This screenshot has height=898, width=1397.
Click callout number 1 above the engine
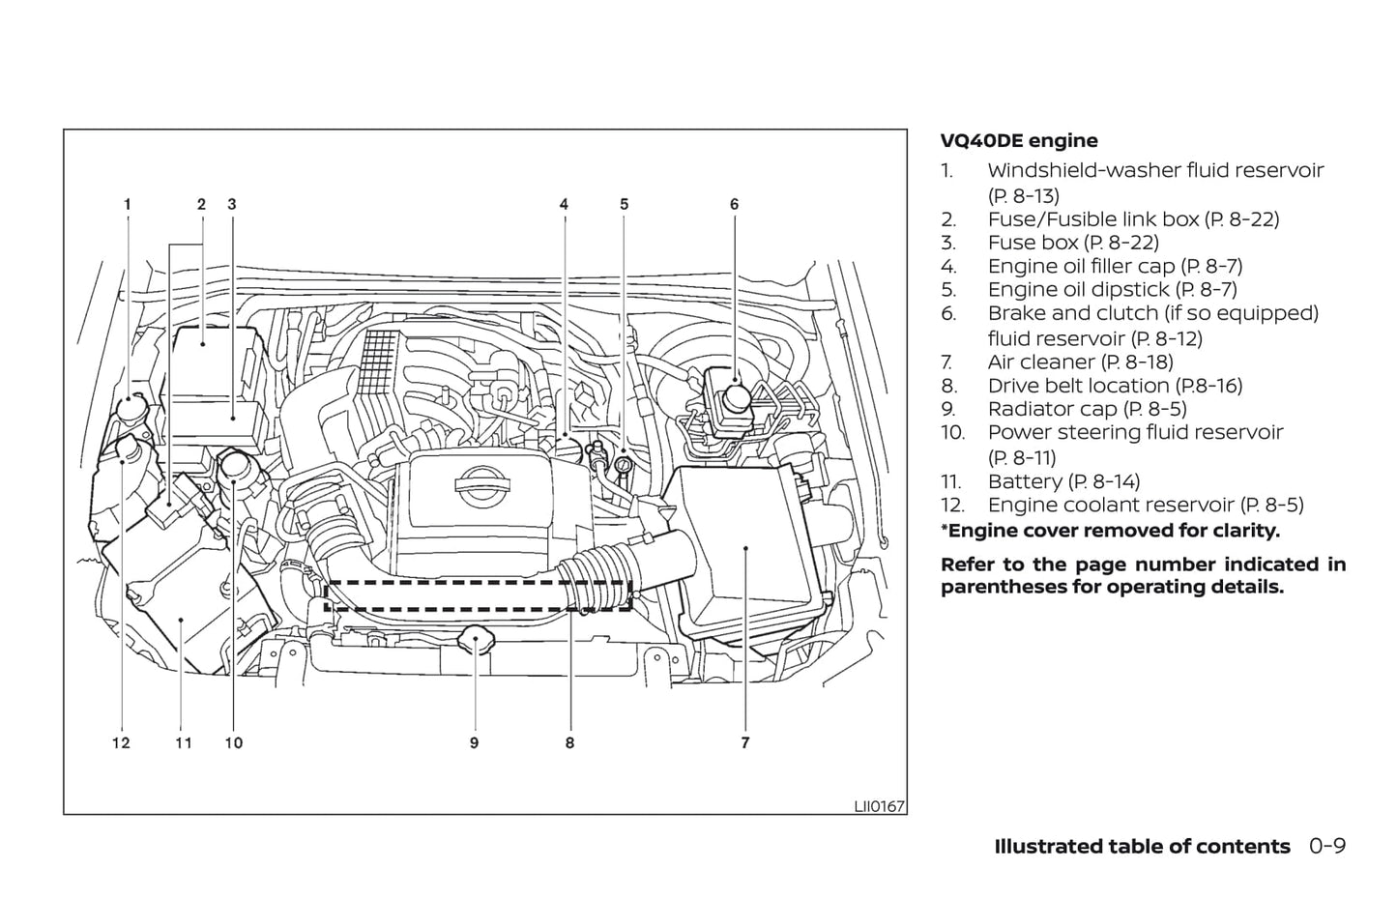127,204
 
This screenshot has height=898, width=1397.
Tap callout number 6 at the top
735,204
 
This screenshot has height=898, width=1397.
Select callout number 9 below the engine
474,742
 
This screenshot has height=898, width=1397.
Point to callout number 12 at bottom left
121,742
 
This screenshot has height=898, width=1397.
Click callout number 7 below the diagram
745,742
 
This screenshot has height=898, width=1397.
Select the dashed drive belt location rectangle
479,595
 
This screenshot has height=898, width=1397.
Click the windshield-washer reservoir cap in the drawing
131,413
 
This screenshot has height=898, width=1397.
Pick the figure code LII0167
879,805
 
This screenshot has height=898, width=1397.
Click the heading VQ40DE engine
1019,141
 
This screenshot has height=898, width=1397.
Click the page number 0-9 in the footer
1327,847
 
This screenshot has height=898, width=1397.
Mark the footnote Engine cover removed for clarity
1110,531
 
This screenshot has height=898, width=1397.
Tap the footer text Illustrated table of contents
1142,847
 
